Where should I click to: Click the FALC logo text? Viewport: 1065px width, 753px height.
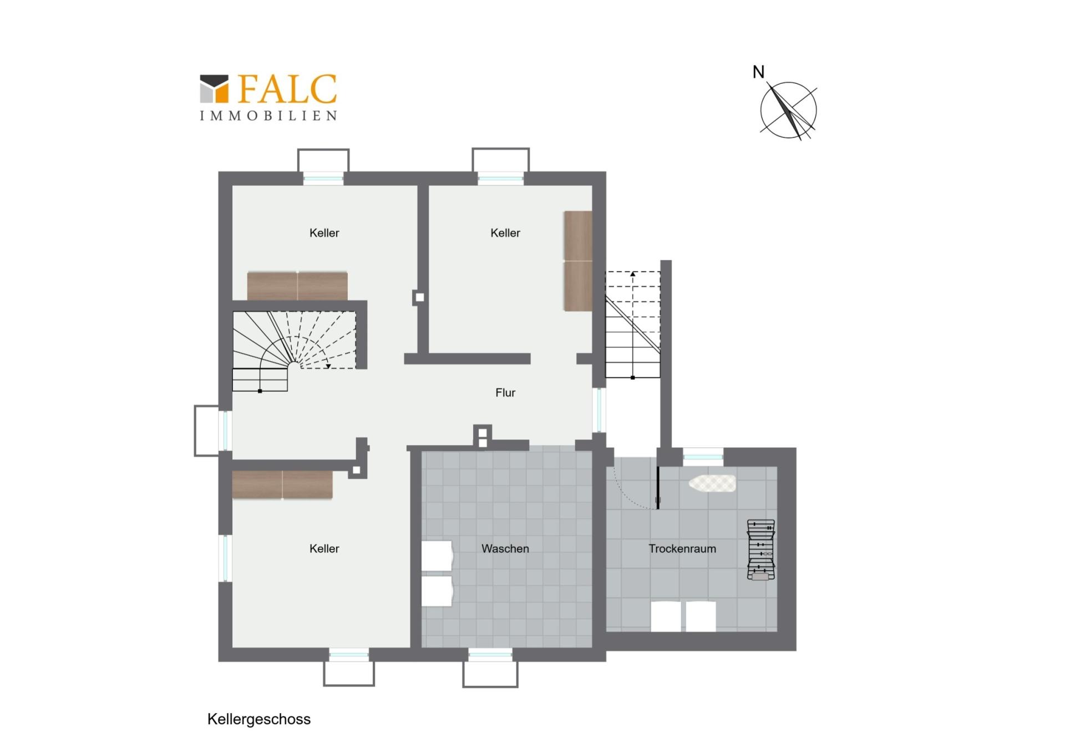(x=287, y=89)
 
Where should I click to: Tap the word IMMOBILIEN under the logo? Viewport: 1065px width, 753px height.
(x=268, y=115)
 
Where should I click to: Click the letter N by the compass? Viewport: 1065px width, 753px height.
(x=758, y=72)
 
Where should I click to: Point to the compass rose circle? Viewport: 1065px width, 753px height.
(x=788, y=110)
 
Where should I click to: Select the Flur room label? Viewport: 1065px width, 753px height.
(x=505, y=393)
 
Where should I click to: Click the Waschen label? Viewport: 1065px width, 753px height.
(x=505, y=549)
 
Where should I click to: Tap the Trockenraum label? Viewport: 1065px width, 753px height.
(x=682, y=549)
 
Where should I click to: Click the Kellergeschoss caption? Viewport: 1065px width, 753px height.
(x=259, y=719)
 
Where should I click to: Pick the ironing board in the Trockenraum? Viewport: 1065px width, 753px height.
(x=712, y=483)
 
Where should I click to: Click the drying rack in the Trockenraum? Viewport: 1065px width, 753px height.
(x=761, y=550)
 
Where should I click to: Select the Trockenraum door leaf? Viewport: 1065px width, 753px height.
(x=658, y=488)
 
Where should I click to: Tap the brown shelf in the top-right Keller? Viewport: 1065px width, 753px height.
(x=578, y=261)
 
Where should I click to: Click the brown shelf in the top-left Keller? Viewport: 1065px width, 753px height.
(x=297, y=286)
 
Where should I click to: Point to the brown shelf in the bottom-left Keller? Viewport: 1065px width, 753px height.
(x=282, y=485)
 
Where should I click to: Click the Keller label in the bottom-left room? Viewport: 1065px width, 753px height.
(x=324, y=549)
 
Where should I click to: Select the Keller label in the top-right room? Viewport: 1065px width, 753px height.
(x=505, y=233)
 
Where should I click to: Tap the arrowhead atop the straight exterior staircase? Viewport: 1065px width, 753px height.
(x=633, y=274)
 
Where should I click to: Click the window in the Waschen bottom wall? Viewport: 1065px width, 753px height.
(x=490, y=655)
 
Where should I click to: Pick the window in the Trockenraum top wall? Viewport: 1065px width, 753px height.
(x=703, y=457)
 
